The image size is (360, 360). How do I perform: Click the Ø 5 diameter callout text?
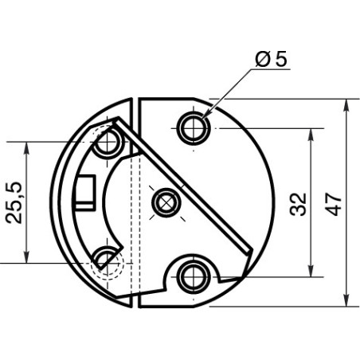(x=272, y=60)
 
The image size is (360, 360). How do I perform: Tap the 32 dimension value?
(x=298, y=203)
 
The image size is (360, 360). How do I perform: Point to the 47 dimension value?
(x=334, y=203)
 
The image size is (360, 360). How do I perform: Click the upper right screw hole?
(x=191, y=127)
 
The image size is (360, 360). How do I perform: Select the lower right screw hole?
(x=191, y=276)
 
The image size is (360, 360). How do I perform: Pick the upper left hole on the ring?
(x=107, y=143)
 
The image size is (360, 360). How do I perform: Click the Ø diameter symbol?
(x=262, y=60)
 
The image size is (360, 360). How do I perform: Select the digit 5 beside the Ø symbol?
(x=281, y=60)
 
